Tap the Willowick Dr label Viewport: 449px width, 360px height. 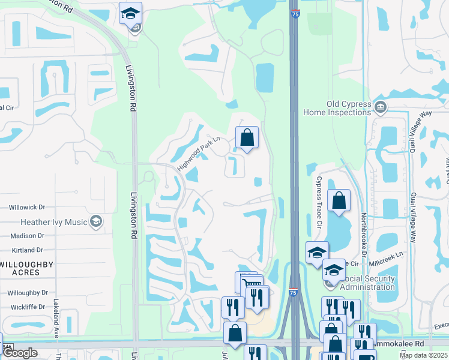click(27, 207)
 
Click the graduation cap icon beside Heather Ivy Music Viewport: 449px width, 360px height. click(95, 222)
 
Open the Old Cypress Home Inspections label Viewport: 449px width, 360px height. click(349, 108)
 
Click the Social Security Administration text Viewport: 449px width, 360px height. click(367, 283)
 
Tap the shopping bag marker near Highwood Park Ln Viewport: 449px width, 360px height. click(247, 137)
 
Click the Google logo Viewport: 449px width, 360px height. click(20, 353)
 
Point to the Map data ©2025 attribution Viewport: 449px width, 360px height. click(422, 355)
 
